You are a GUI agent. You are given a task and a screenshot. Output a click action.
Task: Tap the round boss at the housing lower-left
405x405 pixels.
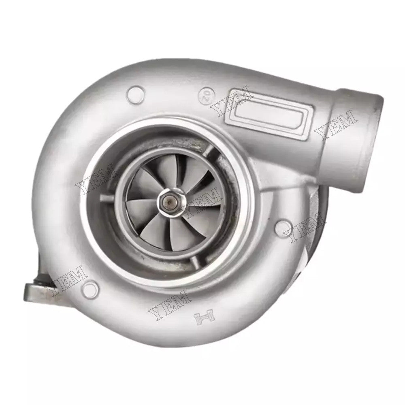[87, 289]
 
